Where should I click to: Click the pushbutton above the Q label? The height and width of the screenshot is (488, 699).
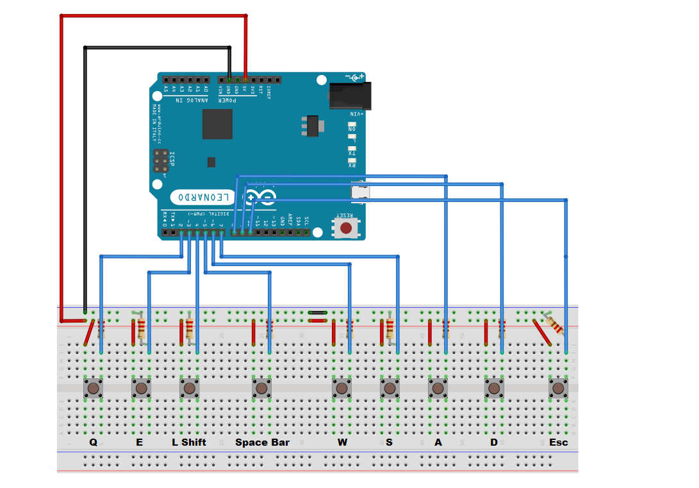94,388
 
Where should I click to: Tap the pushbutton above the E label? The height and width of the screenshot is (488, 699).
142,388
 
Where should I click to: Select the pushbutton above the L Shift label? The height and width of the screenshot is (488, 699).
190,388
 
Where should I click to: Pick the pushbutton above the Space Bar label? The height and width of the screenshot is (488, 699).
261,388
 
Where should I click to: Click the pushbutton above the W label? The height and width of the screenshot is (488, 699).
341,388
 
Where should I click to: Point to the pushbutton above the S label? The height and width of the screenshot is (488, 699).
390,388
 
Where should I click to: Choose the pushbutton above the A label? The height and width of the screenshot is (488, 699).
438,388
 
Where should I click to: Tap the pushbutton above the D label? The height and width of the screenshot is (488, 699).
494,388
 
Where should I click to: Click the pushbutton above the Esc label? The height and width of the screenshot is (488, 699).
558,388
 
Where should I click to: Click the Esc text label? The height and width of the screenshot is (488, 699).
558,442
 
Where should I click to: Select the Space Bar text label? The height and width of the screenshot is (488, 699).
262,442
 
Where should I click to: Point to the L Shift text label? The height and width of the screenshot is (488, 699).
189,442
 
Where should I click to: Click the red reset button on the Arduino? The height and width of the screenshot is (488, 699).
346,228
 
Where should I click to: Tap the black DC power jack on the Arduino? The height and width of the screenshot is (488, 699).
346,97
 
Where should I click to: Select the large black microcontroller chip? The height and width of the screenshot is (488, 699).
217,124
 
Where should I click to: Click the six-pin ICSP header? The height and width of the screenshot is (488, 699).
161,161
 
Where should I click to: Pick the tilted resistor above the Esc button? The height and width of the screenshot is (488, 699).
555,324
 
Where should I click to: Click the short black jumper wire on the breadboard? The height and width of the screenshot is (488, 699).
318,313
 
